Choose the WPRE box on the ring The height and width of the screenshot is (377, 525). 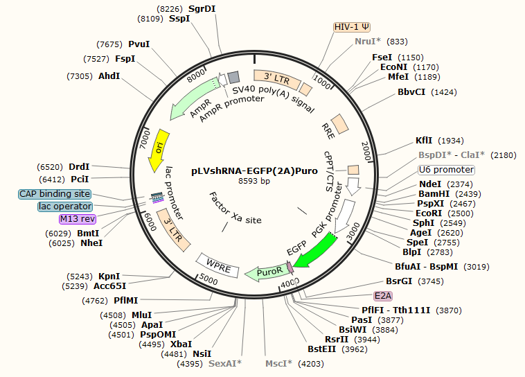218,264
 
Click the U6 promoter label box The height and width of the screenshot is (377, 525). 446,170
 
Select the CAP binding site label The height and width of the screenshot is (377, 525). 55,194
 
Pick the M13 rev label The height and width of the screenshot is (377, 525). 77,219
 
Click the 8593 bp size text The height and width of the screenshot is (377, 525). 255,181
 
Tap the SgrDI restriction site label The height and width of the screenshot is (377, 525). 202,8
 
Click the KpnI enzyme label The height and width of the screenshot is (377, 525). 109,276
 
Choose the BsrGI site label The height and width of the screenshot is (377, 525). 399,281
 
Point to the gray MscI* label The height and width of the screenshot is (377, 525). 279,363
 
